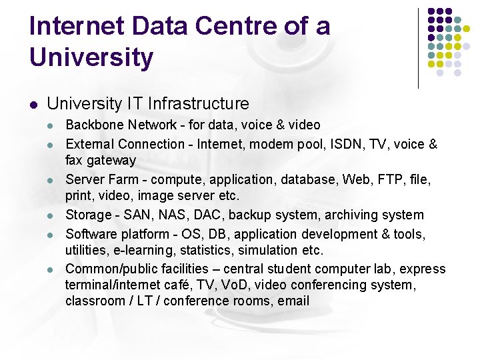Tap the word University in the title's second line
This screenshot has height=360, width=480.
(x=91, y=57)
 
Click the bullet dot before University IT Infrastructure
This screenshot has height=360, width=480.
(x=34, y=104)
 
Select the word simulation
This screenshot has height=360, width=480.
(x=263, y=250)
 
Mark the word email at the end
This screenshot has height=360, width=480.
(x=293, y=301)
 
